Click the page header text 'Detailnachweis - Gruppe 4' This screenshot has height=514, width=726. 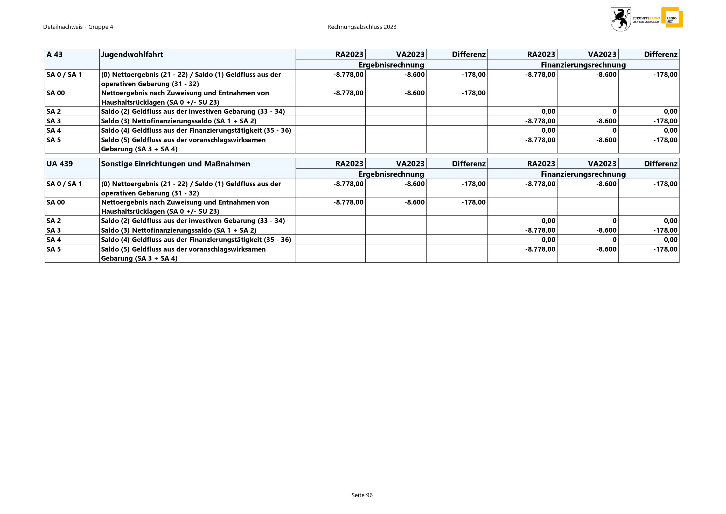[x=78, y=27]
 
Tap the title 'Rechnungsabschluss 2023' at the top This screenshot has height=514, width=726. [x=362, y=27]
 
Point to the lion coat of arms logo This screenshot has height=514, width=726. [x=620, y=19]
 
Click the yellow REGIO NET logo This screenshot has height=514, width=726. [x=672, y=18]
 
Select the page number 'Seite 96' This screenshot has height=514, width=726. [x=362, y=495]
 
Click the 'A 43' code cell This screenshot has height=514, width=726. [x=55, y=55]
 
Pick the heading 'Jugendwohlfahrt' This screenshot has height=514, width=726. [x=132, y=55]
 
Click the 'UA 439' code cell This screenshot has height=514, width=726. [x=60, y=164]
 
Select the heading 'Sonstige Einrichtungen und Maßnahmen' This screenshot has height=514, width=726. [x=176, y=164]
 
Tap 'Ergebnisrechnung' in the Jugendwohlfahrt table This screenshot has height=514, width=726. [x=391, y=65]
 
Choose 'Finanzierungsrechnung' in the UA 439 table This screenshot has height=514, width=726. [x=583, y=174]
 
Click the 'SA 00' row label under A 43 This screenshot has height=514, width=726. [x=56, y=93]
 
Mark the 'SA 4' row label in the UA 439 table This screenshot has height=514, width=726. [x=54, y=240]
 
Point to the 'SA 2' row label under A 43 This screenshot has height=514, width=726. [x=54, y=111]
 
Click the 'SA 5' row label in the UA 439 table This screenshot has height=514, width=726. [x=54, y=249]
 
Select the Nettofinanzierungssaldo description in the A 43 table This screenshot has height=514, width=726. [x=179, y=121]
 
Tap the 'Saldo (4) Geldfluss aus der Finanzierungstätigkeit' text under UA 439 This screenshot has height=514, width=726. [x=196, y=240]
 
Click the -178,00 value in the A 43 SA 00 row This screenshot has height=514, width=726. [x=473, y=93]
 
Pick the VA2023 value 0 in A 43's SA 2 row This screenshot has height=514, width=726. [x=615, y=111]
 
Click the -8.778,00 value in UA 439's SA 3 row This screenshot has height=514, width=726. [x=540, y=230]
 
